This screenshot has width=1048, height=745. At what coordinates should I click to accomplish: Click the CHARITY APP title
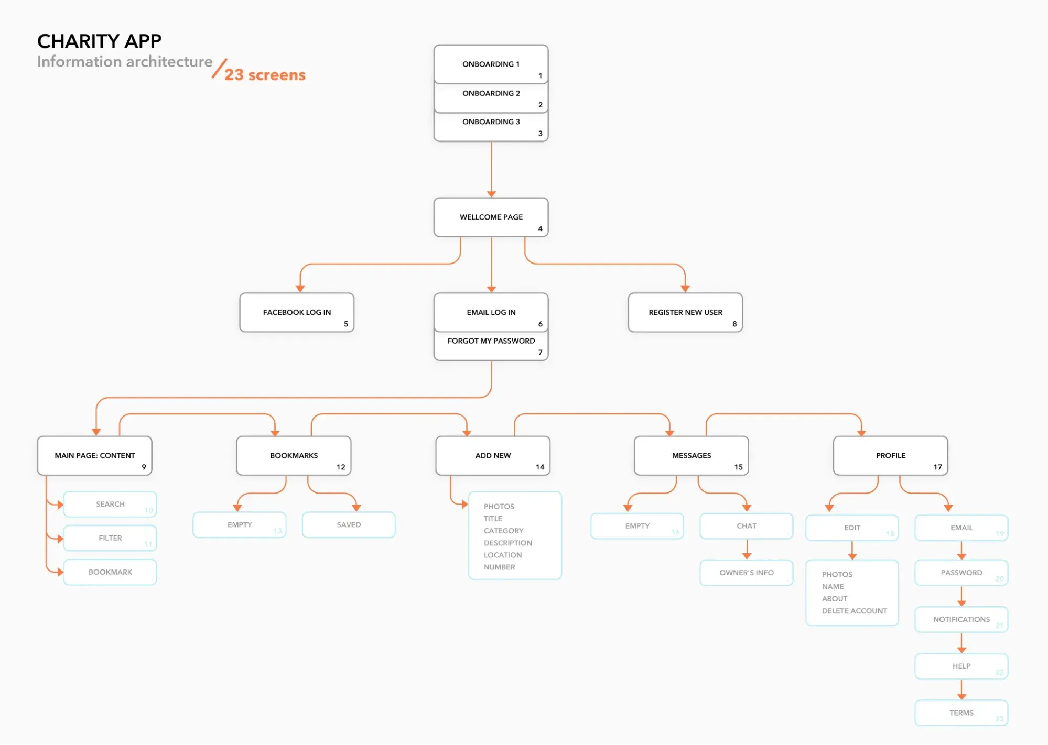99,41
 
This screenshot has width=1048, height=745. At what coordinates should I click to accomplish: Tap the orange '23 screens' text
265,75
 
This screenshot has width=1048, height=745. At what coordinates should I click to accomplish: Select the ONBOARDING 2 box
491,97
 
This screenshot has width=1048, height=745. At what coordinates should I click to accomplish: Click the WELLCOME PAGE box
491,217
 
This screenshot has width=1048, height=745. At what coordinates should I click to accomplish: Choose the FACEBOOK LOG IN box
297,312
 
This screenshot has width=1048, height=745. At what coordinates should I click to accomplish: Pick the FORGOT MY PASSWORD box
491,345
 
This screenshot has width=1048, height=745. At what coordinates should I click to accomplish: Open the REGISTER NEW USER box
685,312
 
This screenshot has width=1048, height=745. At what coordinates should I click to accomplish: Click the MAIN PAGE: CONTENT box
94,456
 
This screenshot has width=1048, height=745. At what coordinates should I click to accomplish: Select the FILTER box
110,538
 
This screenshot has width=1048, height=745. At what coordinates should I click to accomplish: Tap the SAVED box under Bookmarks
349,524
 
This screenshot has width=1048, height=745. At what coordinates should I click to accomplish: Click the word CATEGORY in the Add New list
503,531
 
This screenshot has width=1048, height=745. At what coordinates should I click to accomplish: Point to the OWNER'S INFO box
746,573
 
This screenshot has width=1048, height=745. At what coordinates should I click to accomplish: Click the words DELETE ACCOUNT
854,611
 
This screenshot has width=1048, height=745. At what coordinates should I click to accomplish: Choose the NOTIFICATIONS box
961,619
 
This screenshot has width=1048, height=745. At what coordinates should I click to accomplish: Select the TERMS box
961,713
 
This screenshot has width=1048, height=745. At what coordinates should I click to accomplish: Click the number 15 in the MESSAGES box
738,467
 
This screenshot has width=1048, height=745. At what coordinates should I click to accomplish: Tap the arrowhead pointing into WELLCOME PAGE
491,194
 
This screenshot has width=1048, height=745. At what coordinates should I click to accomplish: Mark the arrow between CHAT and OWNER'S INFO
747,550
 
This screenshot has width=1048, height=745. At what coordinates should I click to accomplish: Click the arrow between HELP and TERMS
961,690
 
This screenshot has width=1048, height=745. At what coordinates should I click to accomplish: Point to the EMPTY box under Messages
637,526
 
